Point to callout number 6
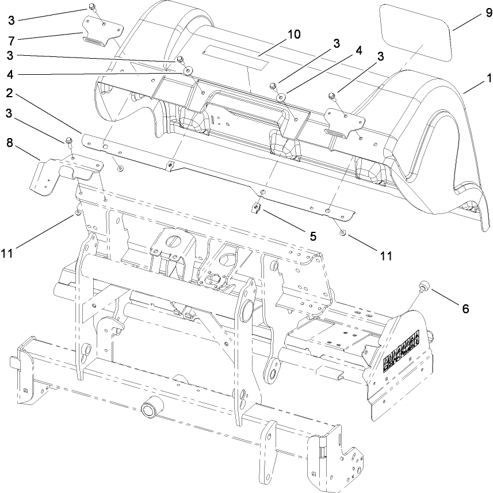click(464, 309)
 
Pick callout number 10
click(293, 35)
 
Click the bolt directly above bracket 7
click(92, 7)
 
